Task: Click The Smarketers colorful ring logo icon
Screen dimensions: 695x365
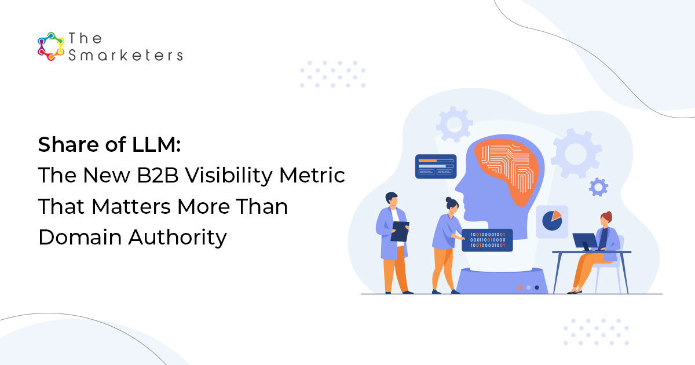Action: pyautogui.click(x=51, y=46)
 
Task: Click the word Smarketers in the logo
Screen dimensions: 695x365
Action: pyautogui.click(x=126, y=56)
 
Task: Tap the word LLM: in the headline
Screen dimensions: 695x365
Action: pyautogui.click(x=156, y=145)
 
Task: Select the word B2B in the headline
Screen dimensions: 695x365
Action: pyautogui.click(x=158, y=176)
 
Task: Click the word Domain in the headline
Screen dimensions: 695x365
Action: pyautogui.click(x=80, y=238)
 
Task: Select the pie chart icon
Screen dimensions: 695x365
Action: pyautogui.click(x=552, y=221)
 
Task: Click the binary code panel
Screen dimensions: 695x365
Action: pyautogui.click(x=487, y=240)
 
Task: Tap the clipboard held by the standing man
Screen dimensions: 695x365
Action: pyautogui.click(x=400, y=231)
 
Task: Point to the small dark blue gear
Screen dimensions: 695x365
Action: pyautogui.click(x=598, y=187)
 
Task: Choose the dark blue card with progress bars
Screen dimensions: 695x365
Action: pyautogui.click(x=436, y=166)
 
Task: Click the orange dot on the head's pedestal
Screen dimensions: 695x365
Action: pyautogui.click(x=520, y=287)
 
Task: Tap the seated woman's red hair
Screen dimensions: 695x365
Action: pyautogui.click(x=607, y=216)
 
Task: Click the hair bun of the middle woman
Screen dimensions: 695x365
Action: pyautogui.click(x=449, y=199)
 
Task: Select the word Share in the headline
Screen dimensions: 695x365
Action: pyautogui.click(x=69, y=145)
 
